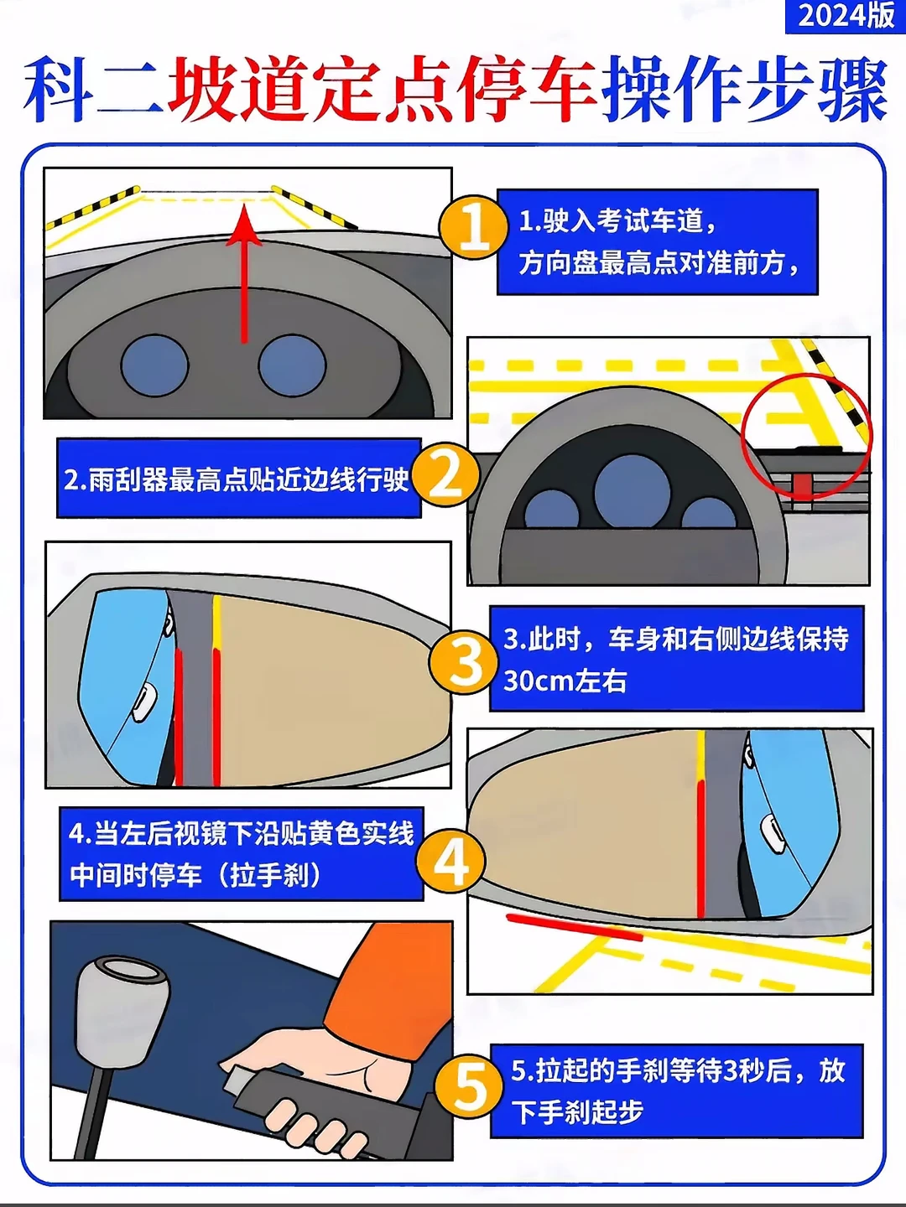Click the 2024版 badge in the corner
846,16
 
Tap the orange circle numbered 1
473,227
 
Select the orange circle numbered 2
446,475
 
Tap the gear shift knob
120,1005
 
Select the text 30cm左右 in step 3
565,681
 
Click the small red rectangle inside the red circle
802,484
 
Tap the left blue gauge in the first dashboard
154,365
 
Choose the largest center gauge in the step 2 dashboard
633,491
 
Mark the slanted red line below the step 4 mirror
575,927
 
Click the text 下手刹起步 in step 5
577,1112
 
